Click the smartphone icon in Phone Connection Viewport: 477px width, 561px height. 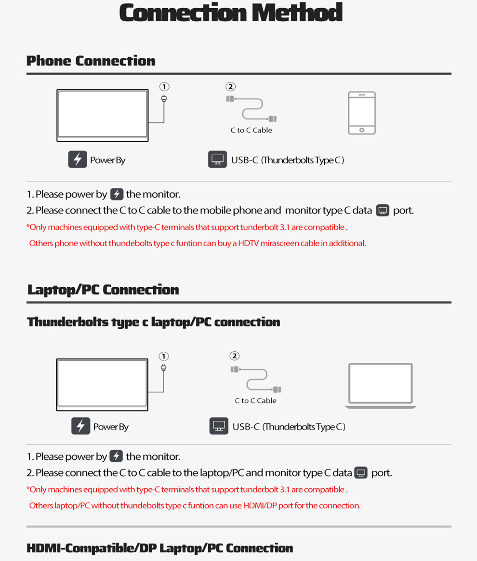(x=361, y=113)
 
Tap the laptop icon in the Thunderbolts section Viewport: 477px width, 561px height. (x=380, y=386)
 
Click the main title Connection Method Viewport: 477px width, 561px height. (x=231, y=13)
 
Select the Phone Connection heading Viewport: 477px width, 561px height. (x=91, y=61)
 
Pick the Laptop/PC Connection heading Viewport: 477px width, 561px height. (x=103, y=290)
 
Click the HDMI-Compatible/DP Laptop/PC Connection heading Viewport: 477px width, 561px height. (x=159, y=548)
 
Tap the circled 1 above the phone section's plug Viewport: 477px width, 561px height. (x=164, y=87)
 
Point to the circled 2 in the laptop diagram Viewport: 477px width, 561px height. (x=234, y=356)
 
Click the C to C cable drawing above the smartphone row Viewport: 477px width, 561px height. (x=252, y=109)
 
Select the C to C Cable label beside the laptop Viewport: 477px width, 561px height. (x=255, y=401)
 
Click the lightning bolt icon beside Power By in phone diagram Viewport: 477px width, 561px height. (x=77, y=160)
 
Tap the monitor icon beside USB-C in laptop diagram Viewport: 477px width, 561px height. (x=219, y=427)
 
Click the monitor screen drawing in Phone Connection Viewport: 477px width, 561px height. (x=102, y=115)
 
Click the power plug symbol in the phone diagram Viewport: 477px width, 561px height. (x=164, y=99)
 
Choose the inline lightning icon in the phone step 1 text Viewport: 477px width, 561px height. (x=117, y=194)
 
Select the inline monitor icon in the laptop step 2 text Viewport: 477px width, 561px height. (x=361, y=473)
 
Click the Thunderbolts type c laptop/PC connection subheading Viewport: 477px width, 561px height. (x=153, y=322)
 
